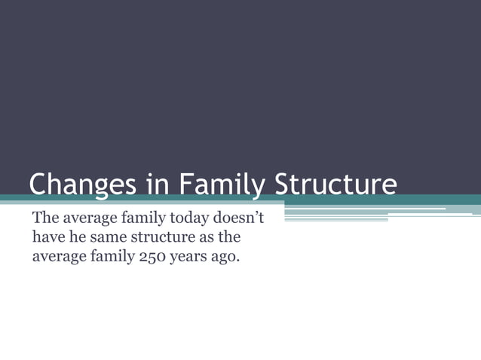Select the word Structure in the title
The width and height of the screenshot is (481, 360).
click(335, 185)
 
